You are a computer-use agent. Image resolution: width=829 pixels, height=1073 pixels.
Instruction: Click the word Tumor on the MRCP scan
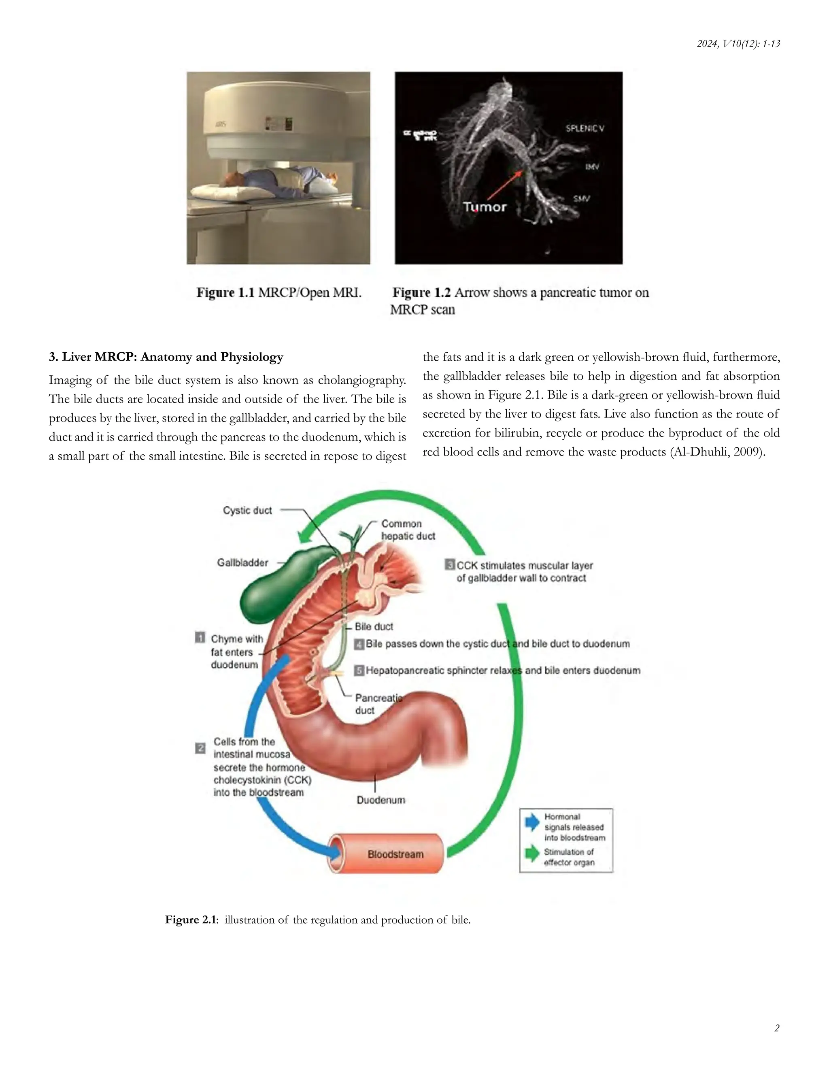(484, 207)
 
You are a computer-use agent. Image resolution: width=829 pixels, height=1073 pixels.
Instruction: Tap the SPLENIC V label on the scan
(585, 128)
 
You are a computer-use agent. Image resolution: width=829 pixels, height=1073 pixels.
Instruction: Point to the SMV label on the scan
(582, 199)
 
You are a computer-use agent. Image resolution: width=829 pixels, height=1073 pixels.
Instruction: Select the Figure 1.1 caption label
(225, 293)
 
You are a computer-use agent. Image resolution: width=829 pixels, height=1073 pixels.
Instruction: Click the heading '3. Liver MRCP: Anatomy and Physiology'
(166, 357)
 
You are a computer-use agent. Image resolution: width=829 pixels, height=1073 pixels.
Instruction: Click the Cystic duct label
(247, 511)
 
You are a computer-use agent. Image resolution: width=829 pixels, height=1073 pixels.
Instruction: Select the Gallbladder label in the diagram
(242, 562)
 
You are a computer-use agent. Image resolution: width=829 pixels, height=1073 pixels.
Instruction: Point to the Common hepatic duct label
(408, 530)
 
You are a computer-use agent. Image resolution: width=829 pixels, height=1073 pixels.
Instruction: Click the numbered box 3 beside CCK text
(449, 564)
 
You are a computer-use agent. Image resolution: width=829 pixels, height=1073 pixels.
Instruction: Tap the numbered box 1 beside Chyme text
(200, 638)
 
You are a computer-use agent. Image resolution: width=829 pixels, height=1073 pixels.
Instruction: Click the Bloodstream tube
(388, 854)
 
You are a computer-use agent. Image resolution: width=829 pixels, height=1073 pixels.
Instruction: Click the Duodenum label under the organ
(380, 800)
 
